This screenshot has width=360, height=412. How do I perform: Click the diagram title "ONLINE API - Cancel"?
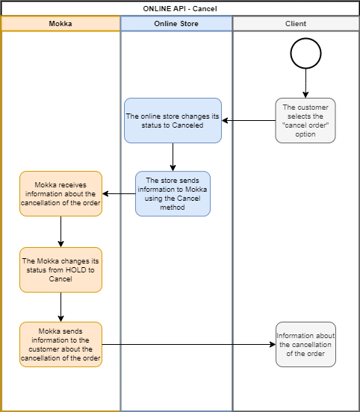180,9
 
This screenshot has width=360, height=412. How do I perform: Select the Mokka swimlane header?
60,24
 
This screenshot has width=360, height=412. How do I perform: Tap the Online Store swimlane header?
176,24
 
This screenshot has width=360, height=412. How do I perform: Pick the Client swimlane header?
296,24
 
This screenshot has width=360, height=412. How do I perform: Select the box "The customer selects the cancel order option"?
305,121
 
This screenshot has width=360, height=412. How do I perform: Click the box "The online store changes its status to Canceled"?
173,121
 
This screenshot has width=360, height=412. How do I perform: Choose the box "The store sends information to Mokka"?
173,194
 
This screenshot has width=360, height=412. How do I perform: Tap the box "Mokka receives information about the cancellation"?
60,194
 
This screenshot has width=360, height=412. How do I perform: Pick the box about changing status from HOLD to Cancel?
60,270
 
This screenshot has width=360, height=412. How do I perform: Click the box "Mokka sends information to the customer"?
60,345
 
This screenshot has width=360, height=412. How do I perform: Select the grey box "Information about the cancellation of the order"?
305,345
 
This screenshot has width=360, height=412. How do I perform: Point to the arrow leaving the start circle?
305,84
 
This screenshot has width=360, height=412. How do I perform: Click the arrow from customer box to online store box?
249,121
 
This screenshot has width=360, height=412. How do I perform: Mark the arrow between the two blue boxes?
173,157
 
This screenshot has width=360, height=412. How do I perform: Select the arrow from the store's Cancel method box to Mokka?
119,194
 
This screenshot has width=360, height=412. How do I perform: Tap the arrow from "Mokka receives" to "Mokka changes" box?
60,231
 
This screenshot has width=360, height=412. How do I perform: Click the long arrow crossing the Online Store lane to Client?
189,345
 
